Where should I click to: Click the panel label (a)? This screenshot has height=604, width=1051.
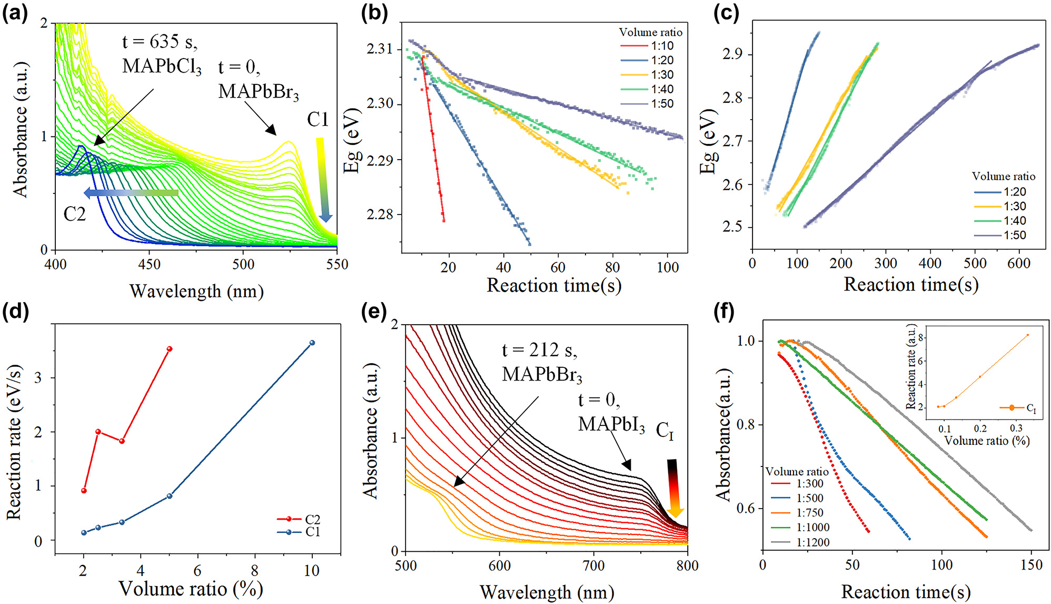point(15,13)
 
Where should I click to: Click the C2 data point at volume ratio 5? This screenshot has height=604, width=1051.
point(170,349)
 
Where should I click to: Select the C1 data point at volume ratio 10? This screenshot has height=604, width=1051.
point(312,343)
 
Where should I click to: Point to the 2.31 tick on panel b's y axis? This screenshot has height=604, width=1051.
point(380,49)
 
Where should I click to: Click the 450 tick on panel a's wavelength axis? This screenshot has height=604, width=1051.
point(150,265)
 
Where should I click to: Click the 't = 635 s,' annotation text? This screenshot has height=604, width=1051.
point(160,42)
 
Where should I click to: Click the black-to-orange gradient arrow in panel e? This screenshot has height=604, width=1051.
point(674,488)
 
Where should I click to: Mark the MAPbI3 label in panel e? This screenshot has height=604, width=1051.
point(611,424)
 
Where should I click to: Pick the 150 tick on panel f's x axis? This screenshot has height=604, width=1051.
point(1031,566)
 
